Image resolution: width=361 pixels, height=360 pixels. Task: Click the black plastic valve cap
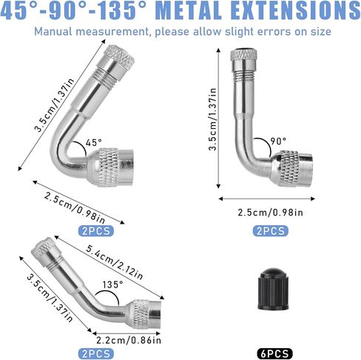tap(273, 289)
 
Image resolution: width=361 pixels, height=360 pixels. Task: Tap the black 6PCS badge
tap(274, 354)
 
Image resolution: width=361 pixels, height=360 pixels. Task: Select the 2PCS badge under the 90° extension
tap(271, 231)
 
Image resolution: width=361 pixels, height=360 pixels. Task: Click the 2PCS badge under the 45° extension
tap(96, 231)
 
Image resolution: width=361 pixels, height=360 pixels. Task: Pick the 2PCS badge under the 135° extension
tap(96, 354)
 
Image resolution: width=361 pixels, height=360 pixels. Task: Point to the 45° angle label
tap(94, 142)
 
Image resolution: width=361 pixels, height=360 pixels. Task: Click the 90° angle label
tap(278, 141)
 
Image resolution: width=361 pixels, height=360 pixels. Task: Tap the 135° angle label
tap(112, 284)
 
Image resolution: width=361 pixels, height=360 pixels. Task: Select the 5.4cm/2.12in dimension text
tap(115, 262)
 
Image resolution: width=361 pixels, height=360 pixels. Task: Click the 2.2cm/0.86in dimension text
tap(129, 340)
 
